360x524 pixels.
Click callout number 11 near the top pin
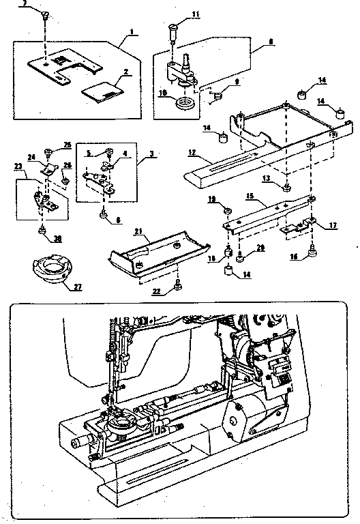tap(196, 14)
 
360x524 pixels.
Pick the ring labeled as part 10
tap(184, 104)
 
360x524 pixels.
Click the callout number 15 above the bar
tap(250, 195)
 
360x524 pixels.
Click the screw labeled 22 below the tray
tap(178, 287)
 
